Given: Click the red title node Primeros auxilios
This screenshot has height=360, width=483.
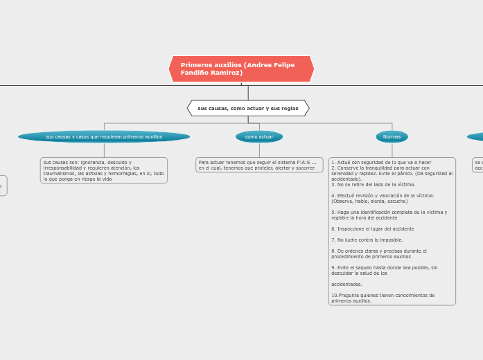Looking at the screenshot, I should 241,69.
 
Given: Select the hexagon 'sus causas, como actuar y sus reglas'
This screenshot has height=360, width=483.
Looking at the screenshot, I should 248,108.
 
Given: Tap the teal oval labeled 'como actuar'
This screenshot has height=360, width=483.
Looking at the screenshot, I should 259,136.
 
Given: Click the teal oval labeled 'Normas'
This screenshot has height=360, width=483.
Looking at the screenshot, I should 392,136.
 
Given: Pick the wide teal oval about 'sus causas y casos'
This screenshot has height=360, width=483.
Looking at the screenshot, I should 104,136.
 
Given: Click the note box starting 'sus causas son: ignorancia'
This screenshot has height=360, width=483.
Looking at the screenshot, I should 104,170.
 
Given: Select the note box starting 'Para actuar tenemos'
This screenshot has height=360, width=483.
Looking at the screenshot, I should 259,165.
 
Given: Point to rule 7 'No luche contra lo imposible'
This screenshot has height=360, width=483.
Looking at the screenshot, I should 367,240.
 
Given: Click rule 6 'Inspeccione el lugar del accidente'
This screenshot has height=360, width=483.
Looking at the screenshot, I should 373,228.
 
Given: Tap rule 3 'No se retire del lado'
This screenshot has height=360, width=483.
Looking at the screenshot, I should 374,185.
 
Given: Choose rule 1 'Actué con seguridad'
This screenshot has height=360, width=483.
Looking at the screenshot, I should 381,162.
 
